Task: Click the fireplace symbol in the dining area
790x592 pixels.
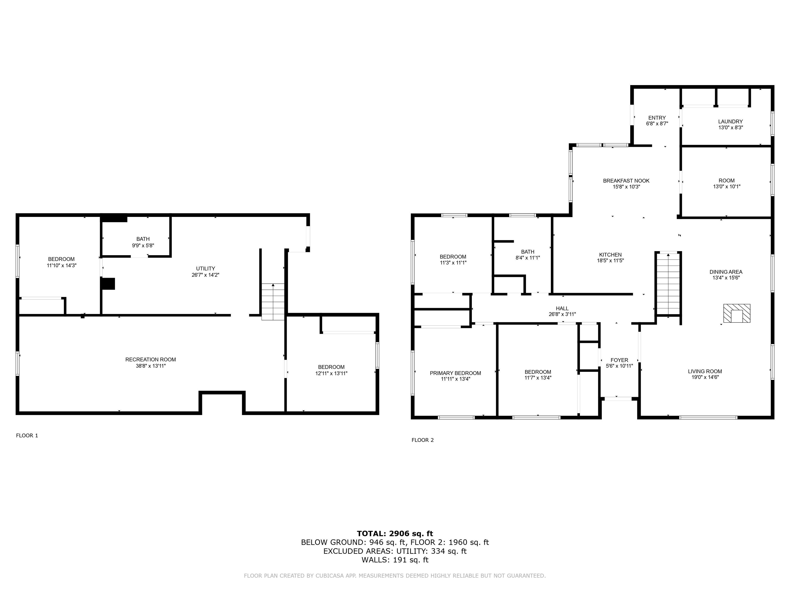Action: point(737,313)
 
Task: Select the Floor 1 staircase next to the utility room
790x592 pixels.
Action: point(273,302)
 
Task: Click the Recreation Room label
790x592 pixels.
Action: point(150,359)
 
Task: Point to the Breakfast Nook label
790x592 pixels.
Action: point(626,181)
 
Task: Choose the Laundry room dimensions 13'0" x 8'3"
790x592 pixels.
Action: point(730,127)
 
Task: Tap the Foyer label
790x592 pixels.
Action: point(619,360)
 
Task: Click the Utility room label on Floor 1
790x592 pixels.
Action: point(205,268)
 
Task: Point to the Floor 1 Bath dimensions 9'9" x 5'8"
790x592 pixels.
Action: point(143,245)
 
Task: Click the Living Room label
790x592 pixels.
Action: point(705,371)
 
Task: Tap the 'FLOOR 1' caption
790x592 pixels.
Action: point(27,435)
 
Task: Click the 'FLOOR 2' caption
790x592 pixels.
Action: point(423,440)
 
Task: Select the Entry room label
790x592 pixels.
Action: point(657,118)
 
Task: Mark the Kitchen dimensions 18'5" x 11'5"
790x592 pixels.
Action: point(610,261)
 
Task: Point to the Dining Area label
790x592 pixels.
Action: point(726,272)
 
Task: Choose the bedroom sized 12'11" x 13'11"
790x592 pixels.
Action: point(331,370)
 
